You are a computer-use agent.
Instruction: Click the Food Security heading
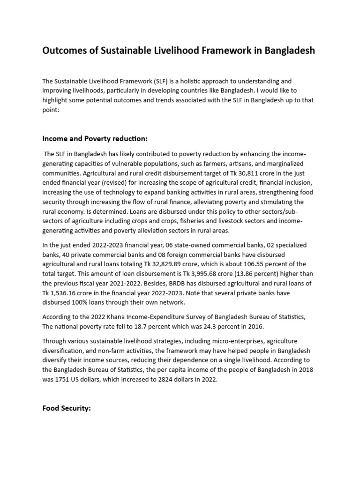(66, 408)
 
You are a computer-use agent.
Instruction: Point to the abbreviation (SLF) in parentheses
(155, 81)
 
